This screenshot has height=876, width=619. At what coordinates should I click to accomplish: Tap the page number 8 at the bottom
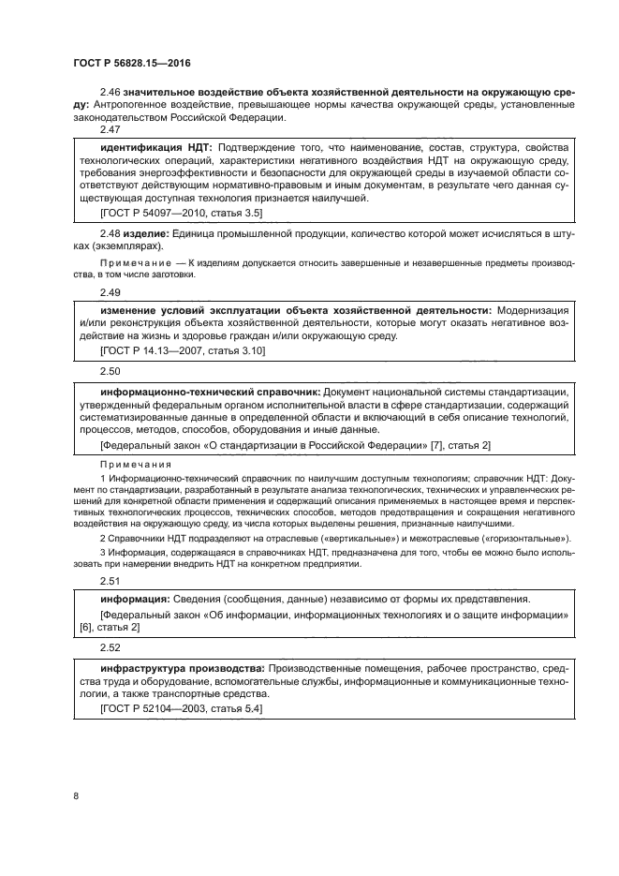76,796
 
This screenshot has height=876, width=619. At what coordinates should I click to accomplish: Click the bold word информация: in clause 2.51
132,600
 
